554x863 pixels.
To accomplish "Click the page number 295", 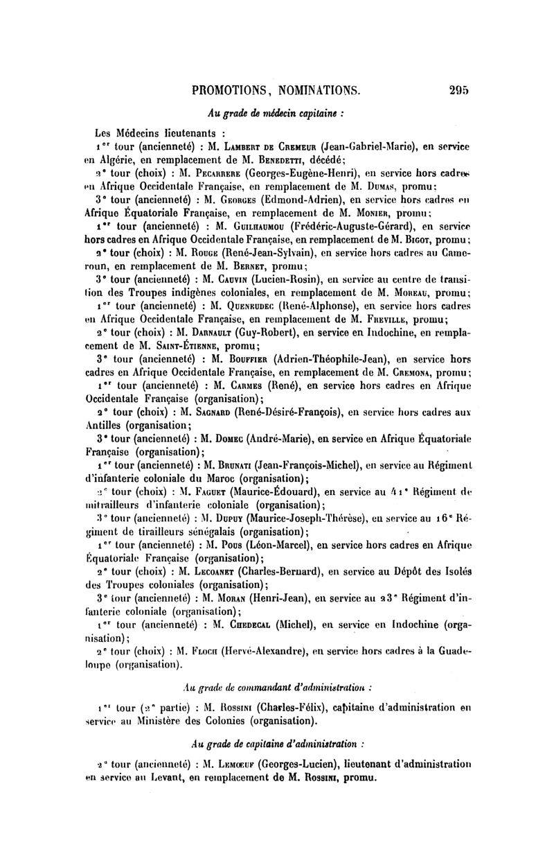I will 459,89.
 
